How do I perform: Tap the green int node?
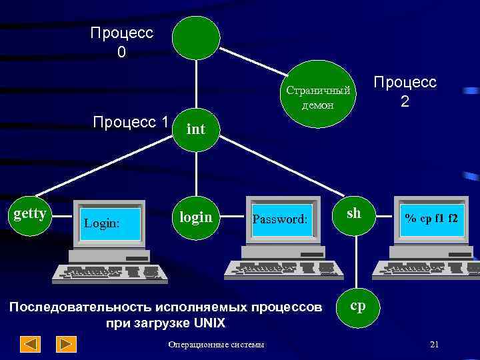(x=195, y=128)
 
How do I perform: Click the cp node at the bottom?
(x=357, y=305)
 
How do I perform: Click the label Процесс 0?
(x=121, y=41)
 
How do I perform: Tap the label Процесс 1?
(x=131, y=122)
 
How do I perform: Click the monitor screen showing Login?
(x=111, y=223)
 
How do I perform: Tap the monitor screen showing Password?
(x=280, y=218)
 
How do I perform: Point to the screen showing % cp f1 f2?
(x=431, y=218)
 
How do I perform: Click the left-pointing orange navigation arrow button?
(x=31, y=344)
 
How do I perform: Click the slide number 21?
(x=435, y=344)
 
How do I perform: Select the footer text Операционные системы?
(x=216, y=345)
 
